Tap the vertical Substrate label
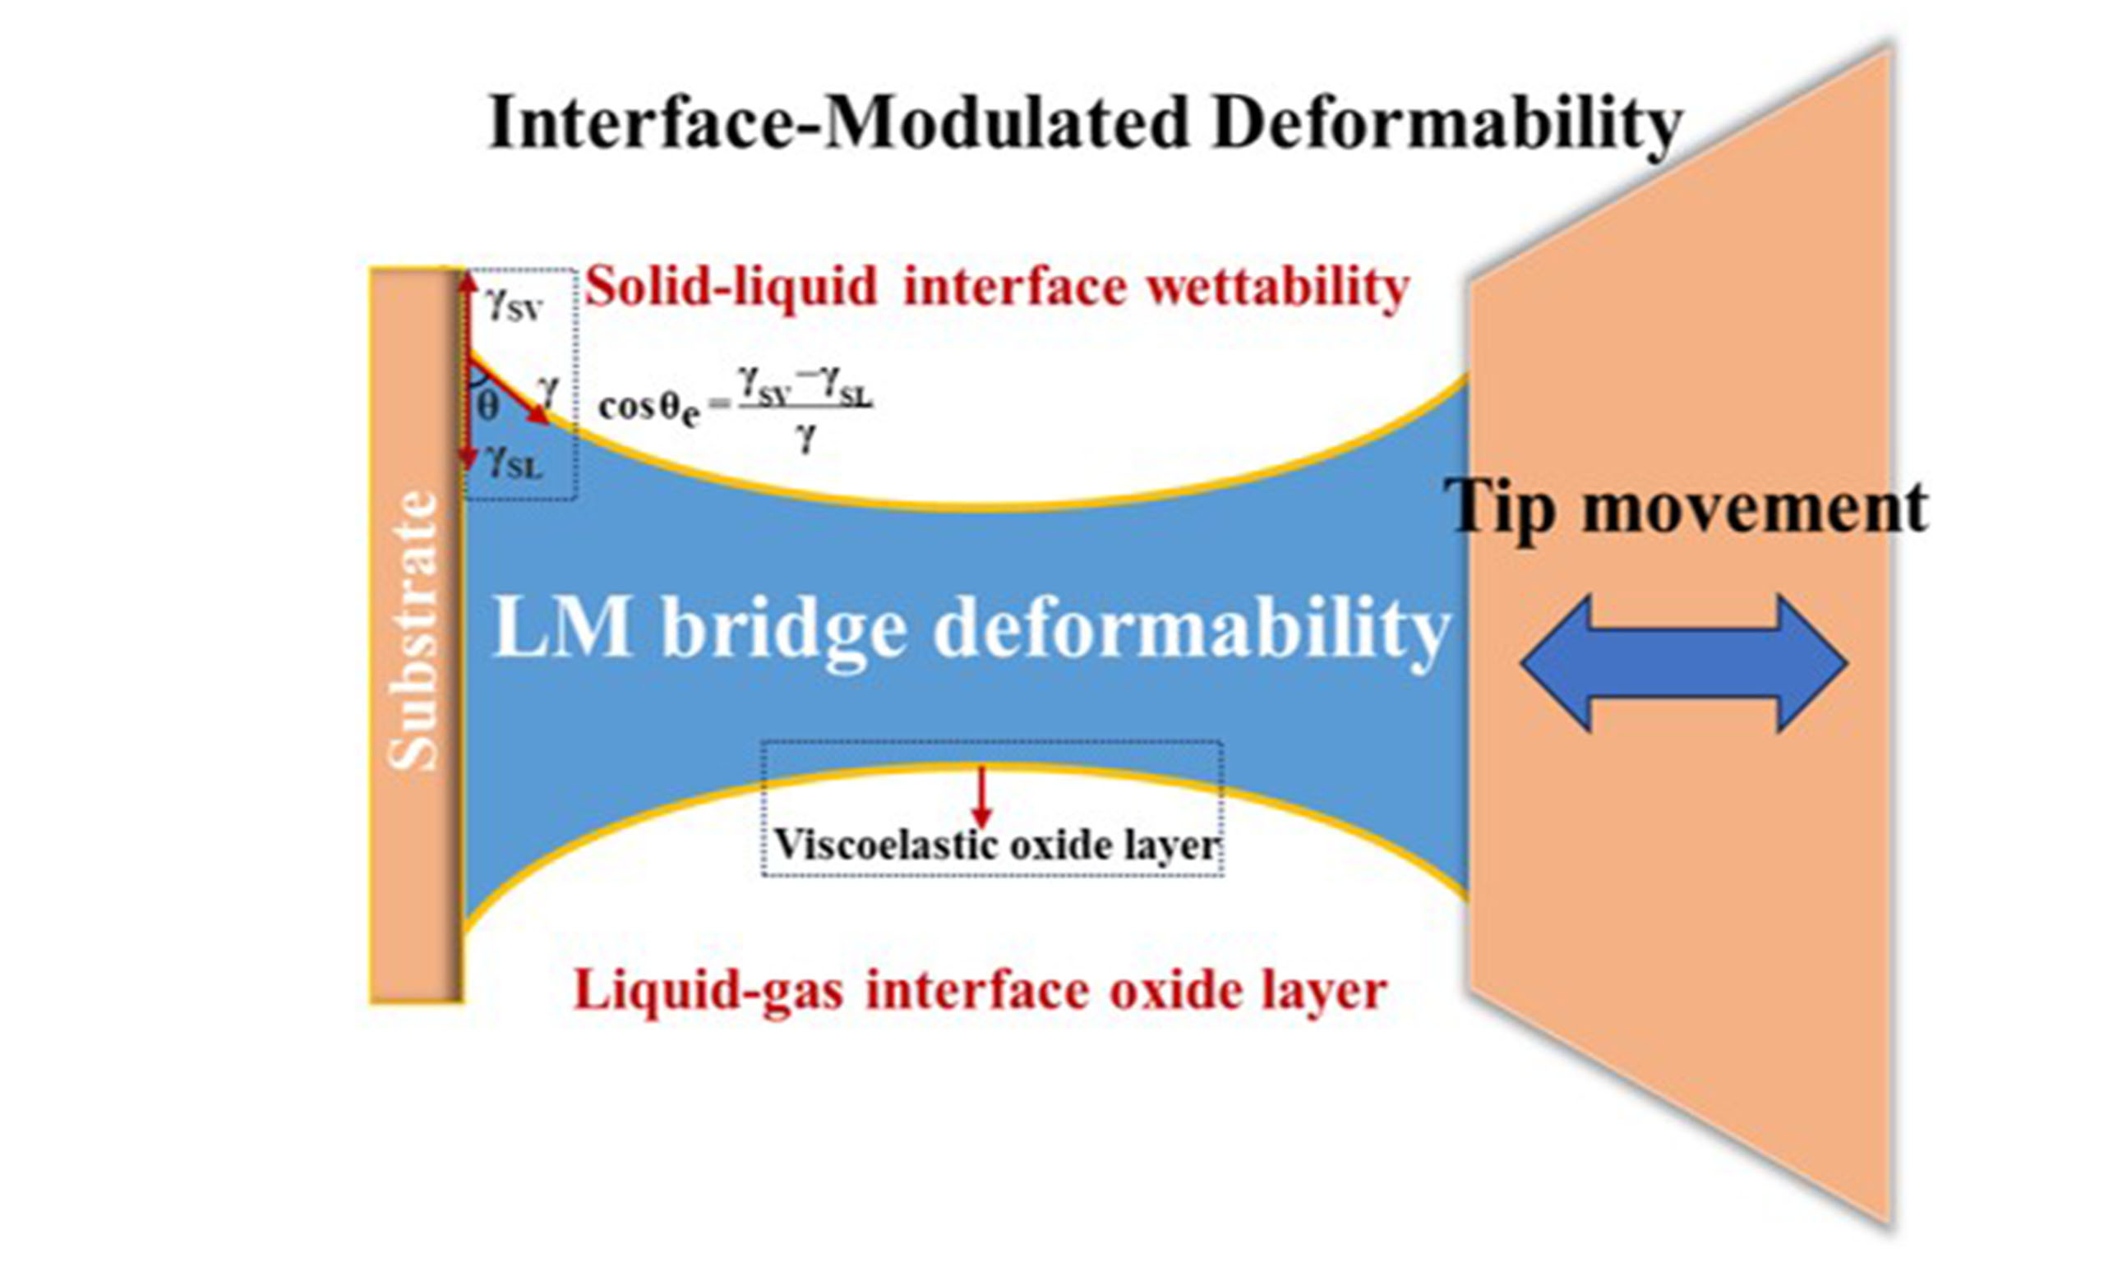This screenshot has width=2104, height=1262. tap(414, 631)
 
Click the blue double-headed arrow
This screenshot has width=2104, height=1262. tap(1683, 662)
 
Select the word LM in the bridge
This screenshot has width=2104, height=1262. tap(562, 628)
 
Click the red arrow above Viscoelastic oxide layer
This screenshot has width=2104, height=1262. tap(981, 796)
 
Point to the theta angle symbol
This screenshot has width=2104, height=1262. tap(488, 407)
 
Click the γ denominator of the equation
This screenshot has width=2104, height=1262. tap(805, 439)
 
